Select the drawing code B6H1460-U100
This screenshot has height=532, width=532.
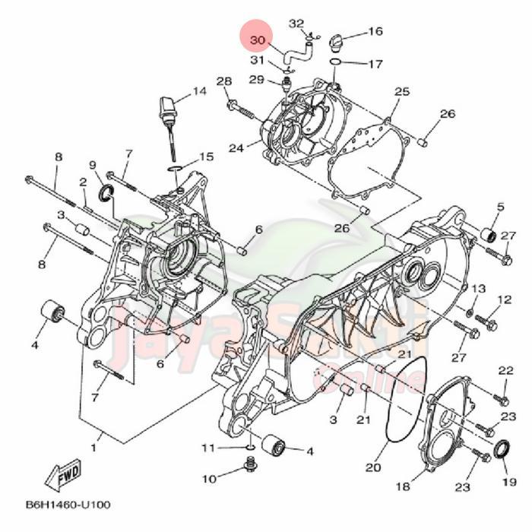pyautogui.click(x=68, y=505)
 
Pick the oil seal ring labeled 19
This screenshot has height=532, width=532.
pyautogui.click(x=503, y=450)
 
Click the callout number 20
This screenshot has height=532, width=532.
pyautogui.click(x=372, y=467)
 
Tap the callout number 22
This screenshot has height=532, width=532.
pyautogui.click(x=506, y=370)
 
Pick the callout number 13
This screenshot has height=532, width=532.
pyautogui.click(x=477, y=289)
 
